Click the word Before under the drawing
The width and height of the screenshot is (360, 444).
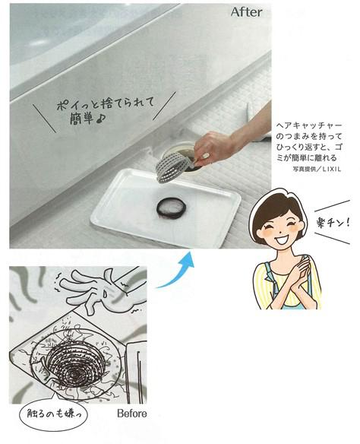pyautogui.click(x=131, y=414)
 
